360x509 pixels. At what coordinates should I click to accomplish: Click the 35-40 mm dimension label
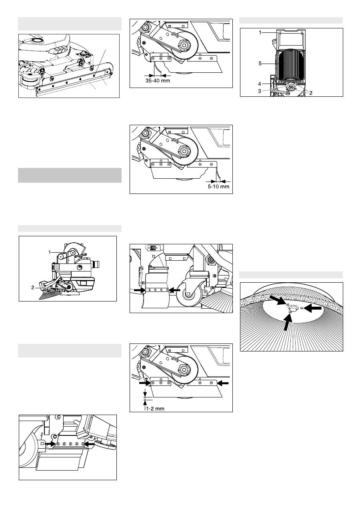coord(158,81)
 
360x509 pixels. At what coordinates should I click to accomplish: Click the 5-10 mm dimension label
coord(219,187)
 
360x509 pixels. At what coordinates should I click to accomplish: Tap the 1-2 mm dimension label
coord(155,409)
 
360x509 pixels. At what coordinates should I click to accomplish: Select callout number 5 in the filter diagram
coord(260,64)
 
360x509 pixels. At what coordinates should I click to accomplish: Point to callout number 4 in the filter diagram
coord(260,84)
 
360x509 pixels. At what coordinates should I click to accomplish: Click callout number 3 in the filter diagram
coord(260,91)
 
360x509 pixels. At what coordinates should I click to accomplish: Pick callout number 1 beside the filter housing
coord(260,33)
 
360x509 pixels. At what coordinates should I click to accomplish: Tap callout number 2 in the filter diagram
coord(311,93)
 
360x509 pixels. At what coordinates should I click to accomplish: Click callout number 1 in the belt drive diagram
coord(50,252)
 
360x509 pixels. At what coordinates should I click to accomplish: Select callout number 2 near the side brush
coord(33,287)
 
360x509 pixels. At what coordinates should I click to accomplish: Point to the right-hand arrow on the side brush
coord(312,308)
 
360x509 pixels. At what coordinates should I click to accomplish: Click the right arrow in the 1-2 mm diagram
coord(223,383)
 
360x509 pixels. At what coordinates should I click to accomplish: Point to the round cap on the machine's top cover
coord(36,41)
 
